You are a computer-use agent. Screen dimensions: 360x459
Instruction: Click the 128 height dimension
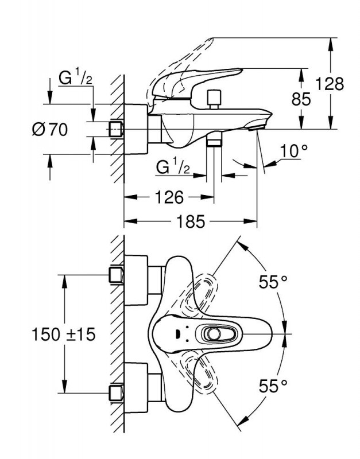330,84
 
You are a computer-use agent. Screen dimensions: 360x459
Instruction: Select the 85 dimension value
301,99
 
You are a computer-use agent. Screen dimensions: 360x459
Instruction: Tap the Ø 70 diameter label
50,129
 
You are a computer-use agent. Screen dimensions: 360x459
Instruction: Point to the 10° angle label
294,151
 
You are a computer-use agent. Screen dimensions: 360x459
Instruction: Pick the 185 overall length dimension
191,221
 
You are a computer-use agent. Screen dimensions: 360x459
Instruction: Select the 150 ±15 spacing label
64,334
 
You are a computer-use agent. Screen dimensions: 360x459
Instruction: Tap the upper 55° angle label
273,282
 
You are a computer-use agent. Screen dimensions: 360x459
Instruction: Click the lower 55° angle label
273,386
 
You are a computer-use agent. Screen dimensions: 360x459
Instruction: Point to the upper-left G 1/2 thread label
76,77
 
